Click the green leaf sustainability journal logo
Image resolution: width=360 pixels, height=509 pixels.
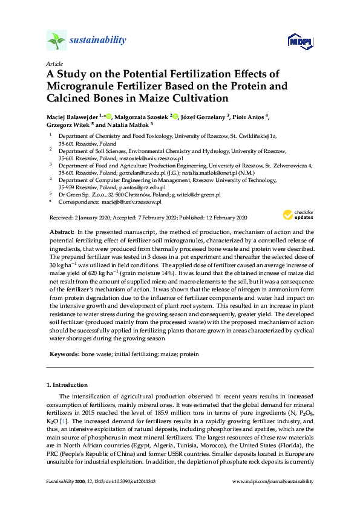click(x=56, y=40)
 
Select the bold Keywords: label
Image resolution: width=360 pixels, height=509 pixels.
click(x=65, y=354)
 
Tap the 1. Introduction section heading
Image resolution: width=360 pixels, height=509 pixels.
click(x=67, y=385)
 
